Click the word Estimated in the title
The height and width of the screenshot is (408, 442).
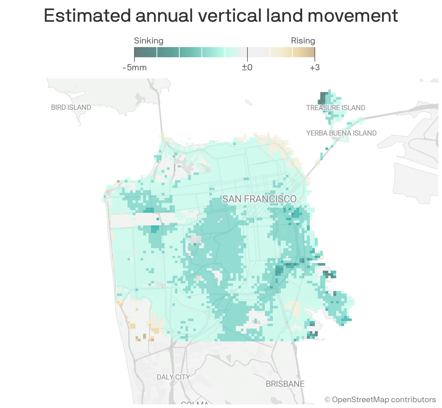tap(87, 16)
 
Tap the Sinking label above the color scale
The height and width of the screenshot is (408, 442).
tap(149, 41)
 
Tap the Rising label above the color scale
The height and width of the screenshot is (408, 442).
tap(303, 41)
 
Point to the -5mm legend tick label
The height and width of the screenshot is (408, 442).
tap(134, 67)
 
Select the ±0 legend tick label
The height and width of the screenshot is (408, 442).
tap(247, 67)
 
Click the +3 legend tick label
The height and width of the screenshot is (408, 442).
tap(314, 67)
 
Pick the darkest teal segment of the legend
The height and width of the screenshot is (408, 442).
tap(145, 52)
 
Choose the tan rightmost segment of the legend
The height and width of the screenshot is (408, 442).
tap(304, 52)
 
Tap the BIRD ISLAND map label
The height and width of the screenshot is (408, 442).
tap(71, 107)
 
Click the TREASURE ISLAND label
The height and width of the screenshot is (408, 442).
tap(335, 108)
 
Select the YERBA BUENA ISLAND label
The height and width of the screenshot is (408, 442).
tap(341, 133)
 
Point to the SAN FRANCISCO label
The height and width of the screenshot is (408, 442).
tap(259, 199)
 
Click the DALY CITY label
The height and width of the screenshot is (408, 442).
tap(173, 377)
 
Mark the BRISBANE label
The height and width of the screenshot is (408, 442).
tap(285, 384)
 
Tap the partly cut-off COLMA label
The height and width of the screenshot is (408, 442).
tap(195, 403)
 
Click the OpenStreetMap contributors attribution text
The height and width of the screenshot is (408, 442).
tap(380, 400)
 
